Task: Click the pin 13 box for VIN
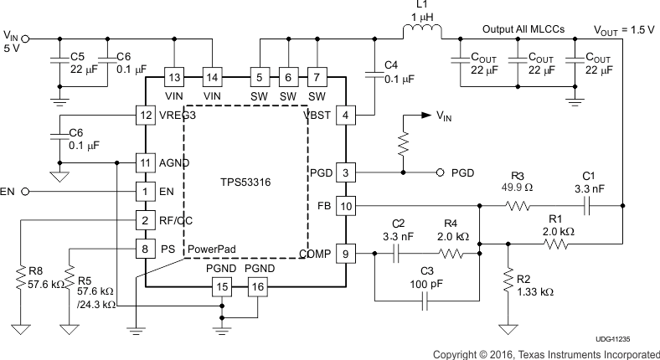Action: coord(174,77)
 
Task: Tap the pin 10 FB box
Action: coord(347,204)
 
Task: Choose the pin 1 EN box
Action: coord(147,192)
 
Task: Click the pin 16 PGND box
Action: coord(256,287)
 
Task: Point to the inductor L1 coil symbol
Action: coord(424,33)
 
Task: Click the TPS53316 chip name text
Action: coord(241,181)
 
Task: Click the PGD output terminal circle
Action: coord(440,173)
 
